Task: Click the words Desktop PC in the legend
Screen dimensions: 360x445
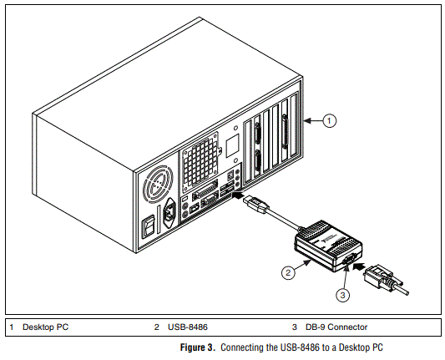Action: (46, 327)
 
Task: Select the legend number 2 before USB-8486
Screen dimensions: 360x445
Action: (156, 327)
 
